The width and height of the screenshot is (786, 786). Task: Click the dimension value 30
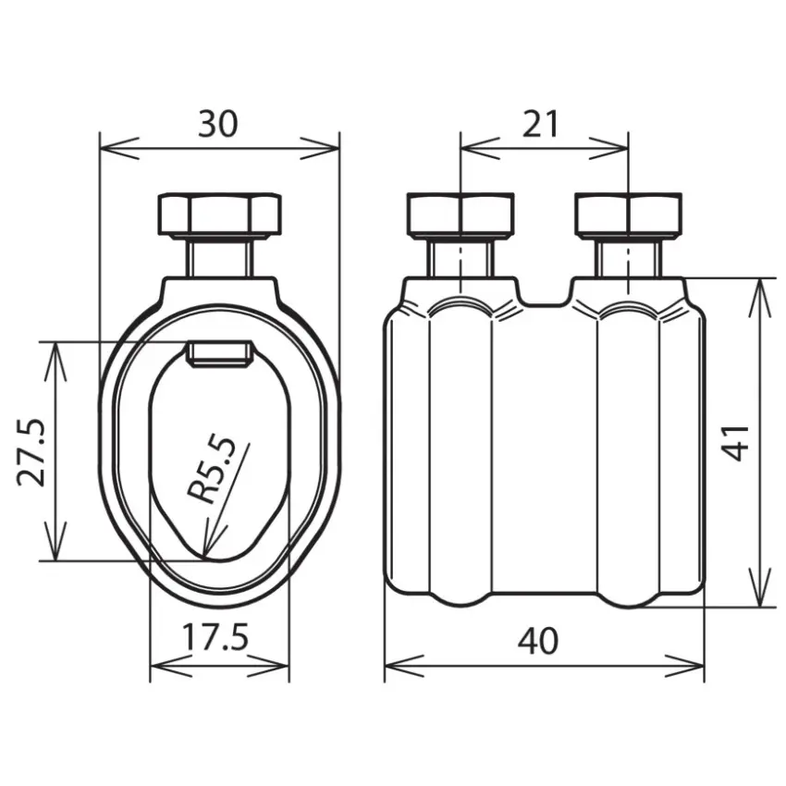(x=217, y=124)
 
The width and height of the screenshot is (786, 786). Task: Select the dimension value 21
(x=540, y=124)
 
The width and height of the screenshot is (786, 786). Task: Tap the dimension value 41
(x=735, y=443)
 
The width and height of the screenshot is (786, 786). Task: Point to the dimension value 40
(x=538, y=640)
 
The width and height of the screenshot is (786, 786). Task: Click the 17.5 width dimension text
(x=215, y=636)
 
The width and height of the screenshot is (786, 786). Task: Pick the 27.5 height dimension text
(x=31, y=451)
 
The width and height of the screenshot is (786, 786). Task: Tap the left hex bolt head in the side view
(x=461, y=215)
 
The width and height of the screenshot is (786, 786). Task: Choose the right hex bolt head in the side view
(x=629, y=215)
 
